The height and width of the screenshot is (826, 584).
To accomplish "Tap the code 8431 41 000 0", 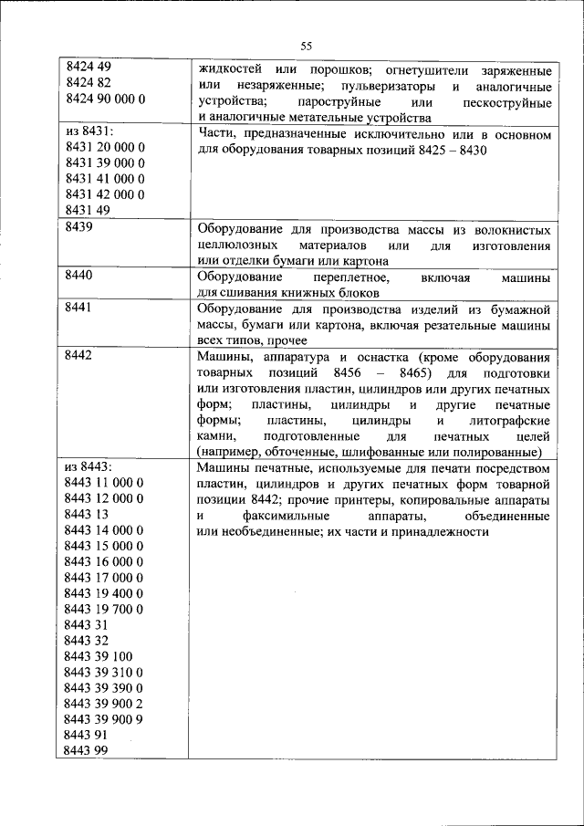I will pos(105,179).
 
